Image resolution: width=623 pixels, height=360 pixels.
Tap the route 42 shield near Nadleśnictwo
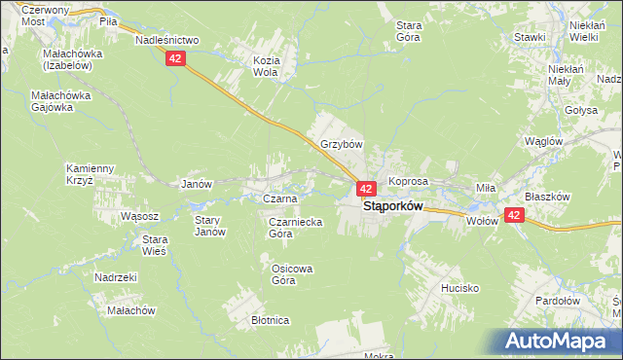click(174, 59)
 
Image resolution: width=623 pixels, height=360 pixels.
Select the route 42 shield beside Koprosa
click(366, 188)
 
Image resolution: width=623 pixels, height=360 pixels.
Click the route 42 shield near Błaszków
click(514, 216)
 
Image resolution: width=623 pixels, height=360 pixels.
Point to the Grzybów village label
click(341, 144)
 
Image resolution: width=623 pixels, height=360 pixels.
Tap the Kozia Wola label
click(266, 66)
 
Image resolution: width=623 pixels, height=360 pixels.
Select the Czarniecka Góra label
click(295, 228)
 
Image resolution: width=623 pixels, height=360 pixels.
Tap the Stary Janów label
click(209, 226)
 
